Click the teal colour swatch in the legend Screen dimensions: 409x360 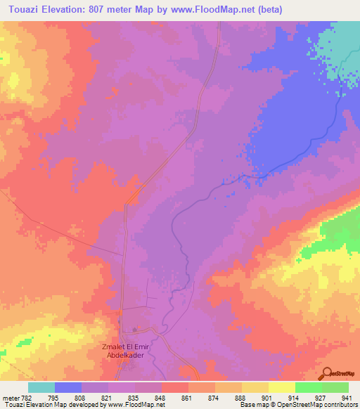point(41,387)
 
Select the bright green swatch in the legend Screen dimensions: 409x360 point(308,387)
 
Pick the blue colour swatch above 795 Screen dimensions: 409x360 point(67,387)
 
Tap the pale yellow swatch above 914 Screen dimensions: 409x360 point(281,387)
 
